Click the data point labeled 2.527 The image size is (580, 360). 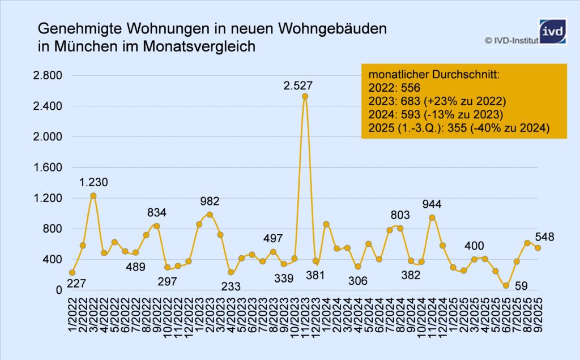[x=305, y=96]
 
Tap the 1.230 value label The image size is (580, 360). [x=93, y=182]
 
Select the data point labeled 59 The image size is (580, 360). [x=506, y=286]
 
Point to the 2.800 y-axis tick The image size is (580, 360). [x=49, y=76]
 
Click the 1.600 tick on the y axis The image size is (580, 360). [x=49, y=168]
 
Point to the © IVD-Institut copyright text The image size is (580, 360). [x=509, y=40]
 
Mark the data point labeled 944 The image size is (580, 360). [x=432, y=217]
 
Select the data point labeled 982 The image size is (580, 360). [x=210, y=215]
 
